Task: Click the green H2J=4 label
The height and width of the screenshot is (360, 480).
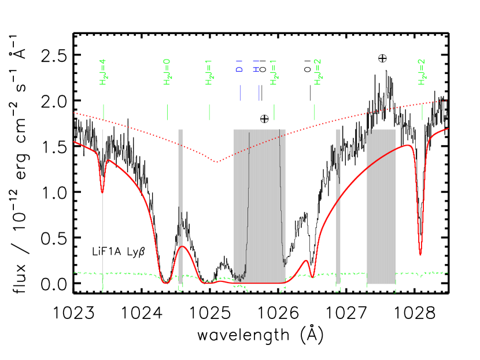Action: (x=104, y=72)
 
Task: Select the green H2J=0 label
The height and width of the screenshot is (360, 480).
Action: (x=167, y=72)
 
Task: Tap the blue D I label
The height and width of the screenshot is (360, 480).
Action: (x=239, y=66)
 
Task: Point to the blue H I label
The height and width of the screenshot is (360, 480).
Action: (x=257, y=66)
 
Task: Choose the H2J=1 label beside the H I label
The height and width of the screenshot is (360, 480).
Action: (x=274, y=72)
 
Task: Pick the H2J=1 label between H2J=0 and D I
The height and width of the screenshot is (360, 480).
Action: (x=209, y=72)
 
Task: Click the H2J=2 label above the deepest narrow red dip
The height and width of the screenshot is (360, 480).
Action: (x=422, y=72)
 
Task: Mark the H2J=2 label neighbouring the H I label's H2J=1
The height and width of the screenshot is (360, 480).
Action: (x=317, y=72)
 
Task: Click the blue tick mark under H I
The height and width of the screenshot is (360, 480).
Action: (x=259, y=93)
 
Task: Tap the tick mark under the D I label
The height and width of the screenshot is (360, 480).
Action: (x=240, y=93)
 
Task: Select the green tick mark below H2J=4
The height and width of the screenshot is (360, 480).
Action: (x=103, y=112)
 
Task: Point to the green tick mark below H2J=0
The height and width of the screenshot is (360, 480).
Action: (x=167, y=112)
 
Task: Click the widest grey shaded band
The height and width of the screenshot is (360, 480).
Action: (x=259, y=202)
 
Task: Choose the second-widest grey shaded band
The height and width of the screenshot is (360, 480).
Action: (x=381, y=202)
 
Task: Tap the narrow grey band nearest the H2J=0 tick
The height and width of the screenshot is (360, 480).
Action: (x=180, y=202)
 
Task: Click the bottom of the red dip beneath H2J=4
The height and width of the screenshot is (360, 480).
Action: (x=102, y=192)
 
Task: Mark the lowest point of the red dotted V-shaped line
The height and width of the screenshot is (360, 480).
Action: (x=217, y=162)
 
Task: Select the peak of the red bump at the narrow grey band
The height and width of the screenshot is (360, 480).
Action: (x=182, y=247)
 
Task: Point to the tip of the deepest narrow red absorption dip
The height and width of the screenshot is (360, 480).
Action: (x=420, y=255)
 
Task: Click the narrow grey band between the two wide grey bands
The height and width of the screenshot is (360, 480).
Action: (x=338, y=202)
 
